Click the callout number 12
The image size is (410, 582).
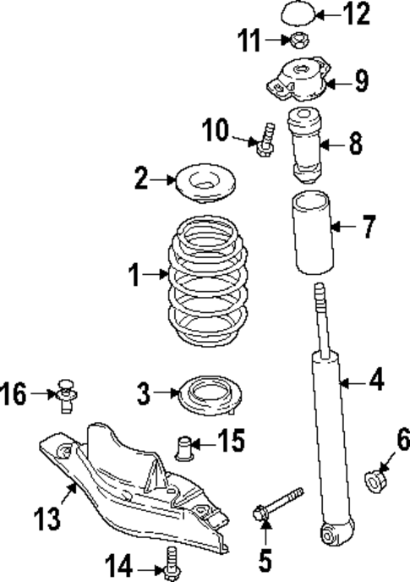click(360, 14)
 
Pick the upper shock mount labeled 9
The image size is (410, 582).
click(302, 82)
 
